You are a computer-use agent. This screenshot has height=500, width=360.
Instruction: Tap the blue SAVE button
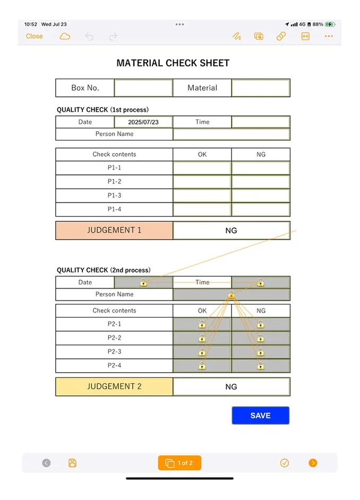[260, 416]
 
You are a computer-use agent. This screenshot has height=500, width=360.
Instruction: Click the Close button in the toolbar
[35, 36]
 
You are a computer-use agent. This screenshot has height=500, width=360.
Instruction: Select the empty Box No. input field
[143, 88]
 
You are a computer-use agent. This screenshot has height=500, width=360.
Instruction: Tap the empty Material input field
[261, 88]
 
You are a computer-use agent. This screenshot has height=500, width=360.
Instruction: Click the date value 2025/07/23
[143, 122]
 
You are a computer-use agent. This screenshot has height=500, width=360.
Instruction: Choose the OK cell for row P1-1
[202, 168]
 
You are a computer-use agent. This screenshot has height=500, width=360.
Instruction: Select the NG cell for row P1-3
[261, 195]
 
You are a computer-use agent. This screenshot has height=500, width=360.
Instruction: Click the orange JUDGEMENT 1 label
[114, 230]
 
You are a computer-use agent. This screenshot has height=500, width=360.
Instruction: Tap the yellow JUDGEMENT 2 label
[114, 386]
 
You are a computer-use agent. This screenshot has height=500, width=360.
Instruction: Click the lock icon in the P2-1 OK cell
[202, 324]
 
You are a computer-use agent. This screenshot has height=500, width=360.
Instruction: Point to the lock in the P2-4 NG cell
[260, 365]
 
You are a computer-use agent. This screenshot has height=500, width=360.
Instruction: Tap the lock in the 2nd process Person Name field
[231, 295]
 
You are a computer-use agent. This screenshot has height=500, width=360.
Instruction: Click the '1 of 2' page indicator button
[179, 463]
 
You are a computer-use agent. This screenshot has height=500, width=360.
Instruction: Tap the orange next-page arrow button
[313, 463]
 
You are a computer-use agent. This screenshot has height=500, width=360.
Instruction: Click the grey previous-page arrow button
[46, 463]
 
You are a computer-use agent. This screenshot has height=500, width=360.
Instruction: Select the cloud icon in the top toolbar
[65, 36]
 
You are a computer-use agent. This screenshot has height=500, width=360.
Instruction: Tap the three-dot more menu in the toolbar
[329, 36]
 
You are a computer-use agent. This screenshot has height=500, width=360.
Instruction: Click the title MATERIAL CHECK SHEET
[173, 63]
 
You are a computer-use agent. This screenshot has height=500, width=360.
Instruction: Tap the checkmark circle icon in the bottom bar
[285, 463]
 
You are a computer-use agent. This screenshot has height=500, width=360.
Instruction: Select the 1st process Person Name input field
[231, 134]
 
